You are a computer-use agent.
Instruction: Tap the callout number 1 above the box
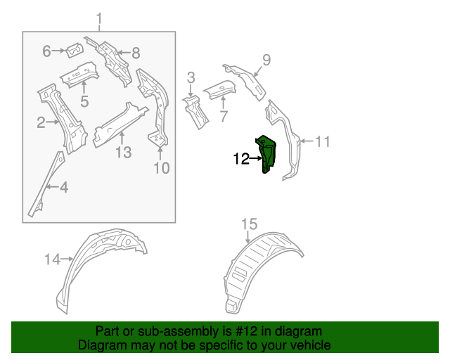click(x=99, y=18)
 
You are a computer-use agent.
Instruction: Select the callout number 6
click(x=47, y=51)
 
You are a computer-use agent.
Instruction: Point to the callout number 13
click(x=123, y=151)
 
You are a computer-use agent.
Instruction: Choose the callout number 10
click(x=161, y=167)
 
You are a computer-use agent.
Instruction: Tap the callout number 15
click(x=250, y=224)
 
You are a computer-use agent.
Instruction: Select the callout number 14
click(x=53, y=259)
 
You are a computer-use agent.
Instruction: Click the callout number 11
click(x=321, y=141)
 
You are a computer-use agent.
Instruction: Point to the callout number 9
click(x=266, y=59)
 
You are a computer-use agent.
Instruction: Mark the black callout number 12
click(x=240, y=160)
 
